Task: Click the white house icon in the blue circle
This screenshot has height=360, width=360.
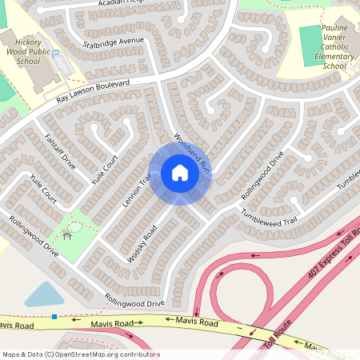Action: click(x=179, y=173)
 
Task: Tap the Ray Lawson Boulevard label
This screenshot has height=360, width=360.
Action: click(x=94, y=94)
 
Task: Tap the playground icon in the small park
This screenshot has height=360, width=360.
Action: click(x=67, y=234)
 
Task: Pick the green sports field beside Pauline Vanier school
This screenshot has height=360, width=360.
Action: click(x=310, y=45)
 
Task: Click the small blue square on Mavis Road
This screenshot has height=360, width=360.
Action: click(x=54, y=317)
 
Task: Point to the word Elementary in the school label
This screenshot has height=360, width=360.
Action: click(x=334, y=57)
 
